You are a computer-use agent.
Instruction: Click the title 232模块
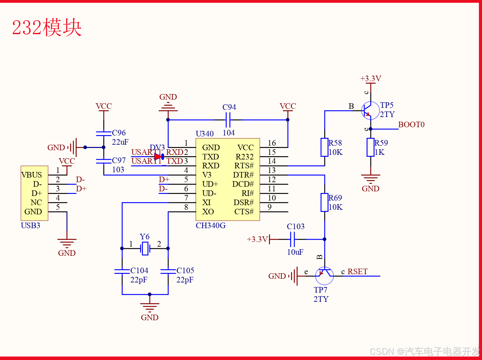point(47,27)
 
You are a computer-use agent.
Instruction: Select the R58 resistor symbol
point(325,147)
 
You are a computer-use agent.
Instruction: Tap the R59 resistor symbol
point(370,147)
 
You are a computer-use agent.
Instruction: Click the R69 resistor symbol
point(325,202)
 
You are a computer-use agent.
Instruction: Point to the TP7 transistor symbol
point(324,276)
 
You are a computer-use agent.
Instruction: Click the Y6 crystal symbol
point(145,248)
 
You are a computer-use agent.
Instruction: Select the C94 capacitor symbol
point(228,120)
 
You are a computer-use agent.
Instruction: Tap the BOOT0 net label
point(411,125)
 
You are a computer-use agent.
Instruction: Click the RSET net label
point(358,272)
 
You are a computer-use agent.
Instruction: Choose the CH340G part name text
point(211,226)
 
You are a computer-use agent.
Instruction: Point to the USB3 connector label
point(30,226)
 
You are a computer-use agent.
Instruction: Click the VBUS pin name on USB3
point(32,175)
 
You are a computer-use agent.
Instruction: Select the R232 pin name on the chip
point(245,157)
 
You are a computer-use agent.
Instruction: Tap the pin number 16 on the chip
point(272,143)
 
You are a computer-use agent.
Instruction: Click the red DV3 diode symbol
point(159,156)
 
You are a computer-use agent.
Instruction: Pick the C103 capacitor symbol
point(292,239)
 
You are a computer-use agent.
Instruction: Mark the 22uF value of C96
point(120,142)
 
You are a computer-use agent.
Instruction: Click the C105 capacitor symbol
point(168,271)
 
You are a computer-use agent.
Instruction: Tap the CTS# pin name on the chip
point(244,212)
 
